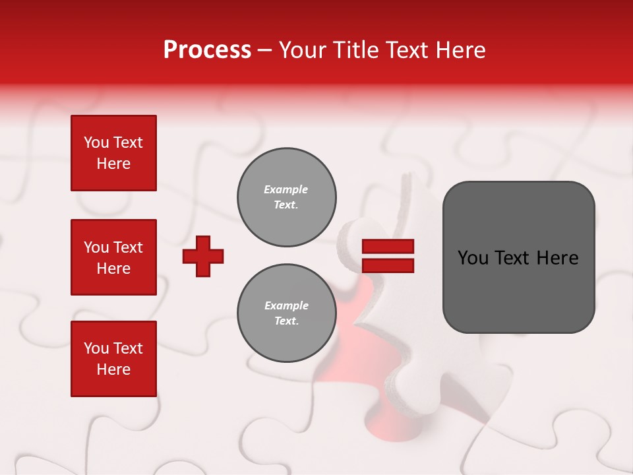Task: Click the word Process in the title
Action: point(207,50)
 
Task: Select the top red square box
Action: point(113,153)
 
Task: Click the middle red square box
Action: point(113,257)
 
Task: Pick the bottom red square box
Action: point(113,359)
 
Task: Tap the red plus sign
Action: point(203,256)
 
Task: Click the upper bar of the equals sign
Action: point(388,246)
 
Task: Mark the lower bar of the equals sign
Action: point(388,265)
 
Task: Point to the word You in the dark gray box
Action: point(473,258)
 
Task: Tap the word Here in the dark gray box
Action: point(558,258)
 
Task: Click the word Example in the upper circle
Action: point(286,189)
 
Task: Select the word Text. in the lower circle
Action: point(286,321)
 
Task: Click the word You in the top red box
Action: point(96,142)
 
